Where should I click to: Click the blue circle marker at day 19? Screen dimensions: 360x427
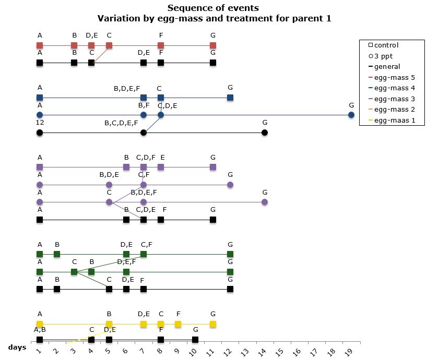click(351, 115)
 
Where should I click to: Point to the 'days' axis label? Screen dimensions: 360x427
click(18, 346)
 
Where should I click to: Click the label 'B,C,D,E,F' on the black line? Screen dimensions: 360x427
click(121, 123)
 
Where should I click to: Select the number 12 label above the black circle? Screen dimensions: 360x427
click(40, 122)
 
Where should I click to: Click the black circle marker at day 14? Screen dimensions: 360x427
click(265, 133)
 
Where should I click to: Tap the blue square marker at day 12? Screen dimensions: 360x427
click(230, 98)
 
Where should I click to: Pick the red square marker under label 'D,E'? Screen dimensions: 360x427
click(91, 45)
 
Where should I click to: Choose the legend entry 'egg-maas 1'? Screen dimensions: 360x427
click(389, 121)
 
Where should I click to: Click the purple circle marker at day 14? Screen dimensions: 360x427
click(265, 202)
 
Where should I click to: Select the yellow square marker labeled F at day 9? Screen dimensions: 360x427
click(178, 324)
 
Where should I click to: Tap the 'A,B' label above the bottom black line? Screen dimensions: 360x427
click(40, 330)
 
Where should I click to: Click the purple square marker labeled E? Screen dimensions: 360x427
click(161, 167)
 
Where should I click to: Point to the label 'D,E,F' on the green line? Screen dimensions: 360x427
click(126, 262)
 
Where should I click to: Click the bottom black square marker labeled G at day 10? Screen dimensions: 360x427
click(195, 340)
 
